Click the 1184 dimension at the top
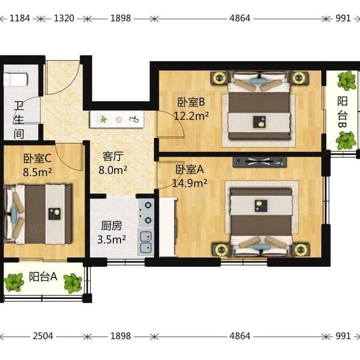[20, 19]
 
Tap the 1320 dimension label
[64, 19]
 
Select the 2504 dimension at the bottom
[43, 336]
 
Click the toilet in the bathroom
[16, 79]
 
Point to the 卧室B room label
[191, 102]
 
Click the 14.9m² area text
[190, 183]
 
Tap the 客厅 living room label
[113, 157]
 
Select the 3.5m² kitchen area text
[112, 239]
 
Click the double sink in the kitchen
[146, 242]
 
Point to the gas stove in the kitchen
[146, 213]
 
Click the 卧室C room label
[37, 158]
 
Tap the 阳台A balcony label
[43, 277]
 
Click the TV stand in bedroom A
[259, 162]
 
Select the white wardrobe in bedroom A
[168, 227]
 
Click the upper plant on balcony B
[347, 80]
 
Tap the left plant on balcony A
[14, 282]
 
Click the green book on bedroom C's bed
[55, 214]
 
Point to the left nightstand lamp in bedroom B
[220, 77]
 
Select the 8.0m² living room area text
[113, 170]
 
